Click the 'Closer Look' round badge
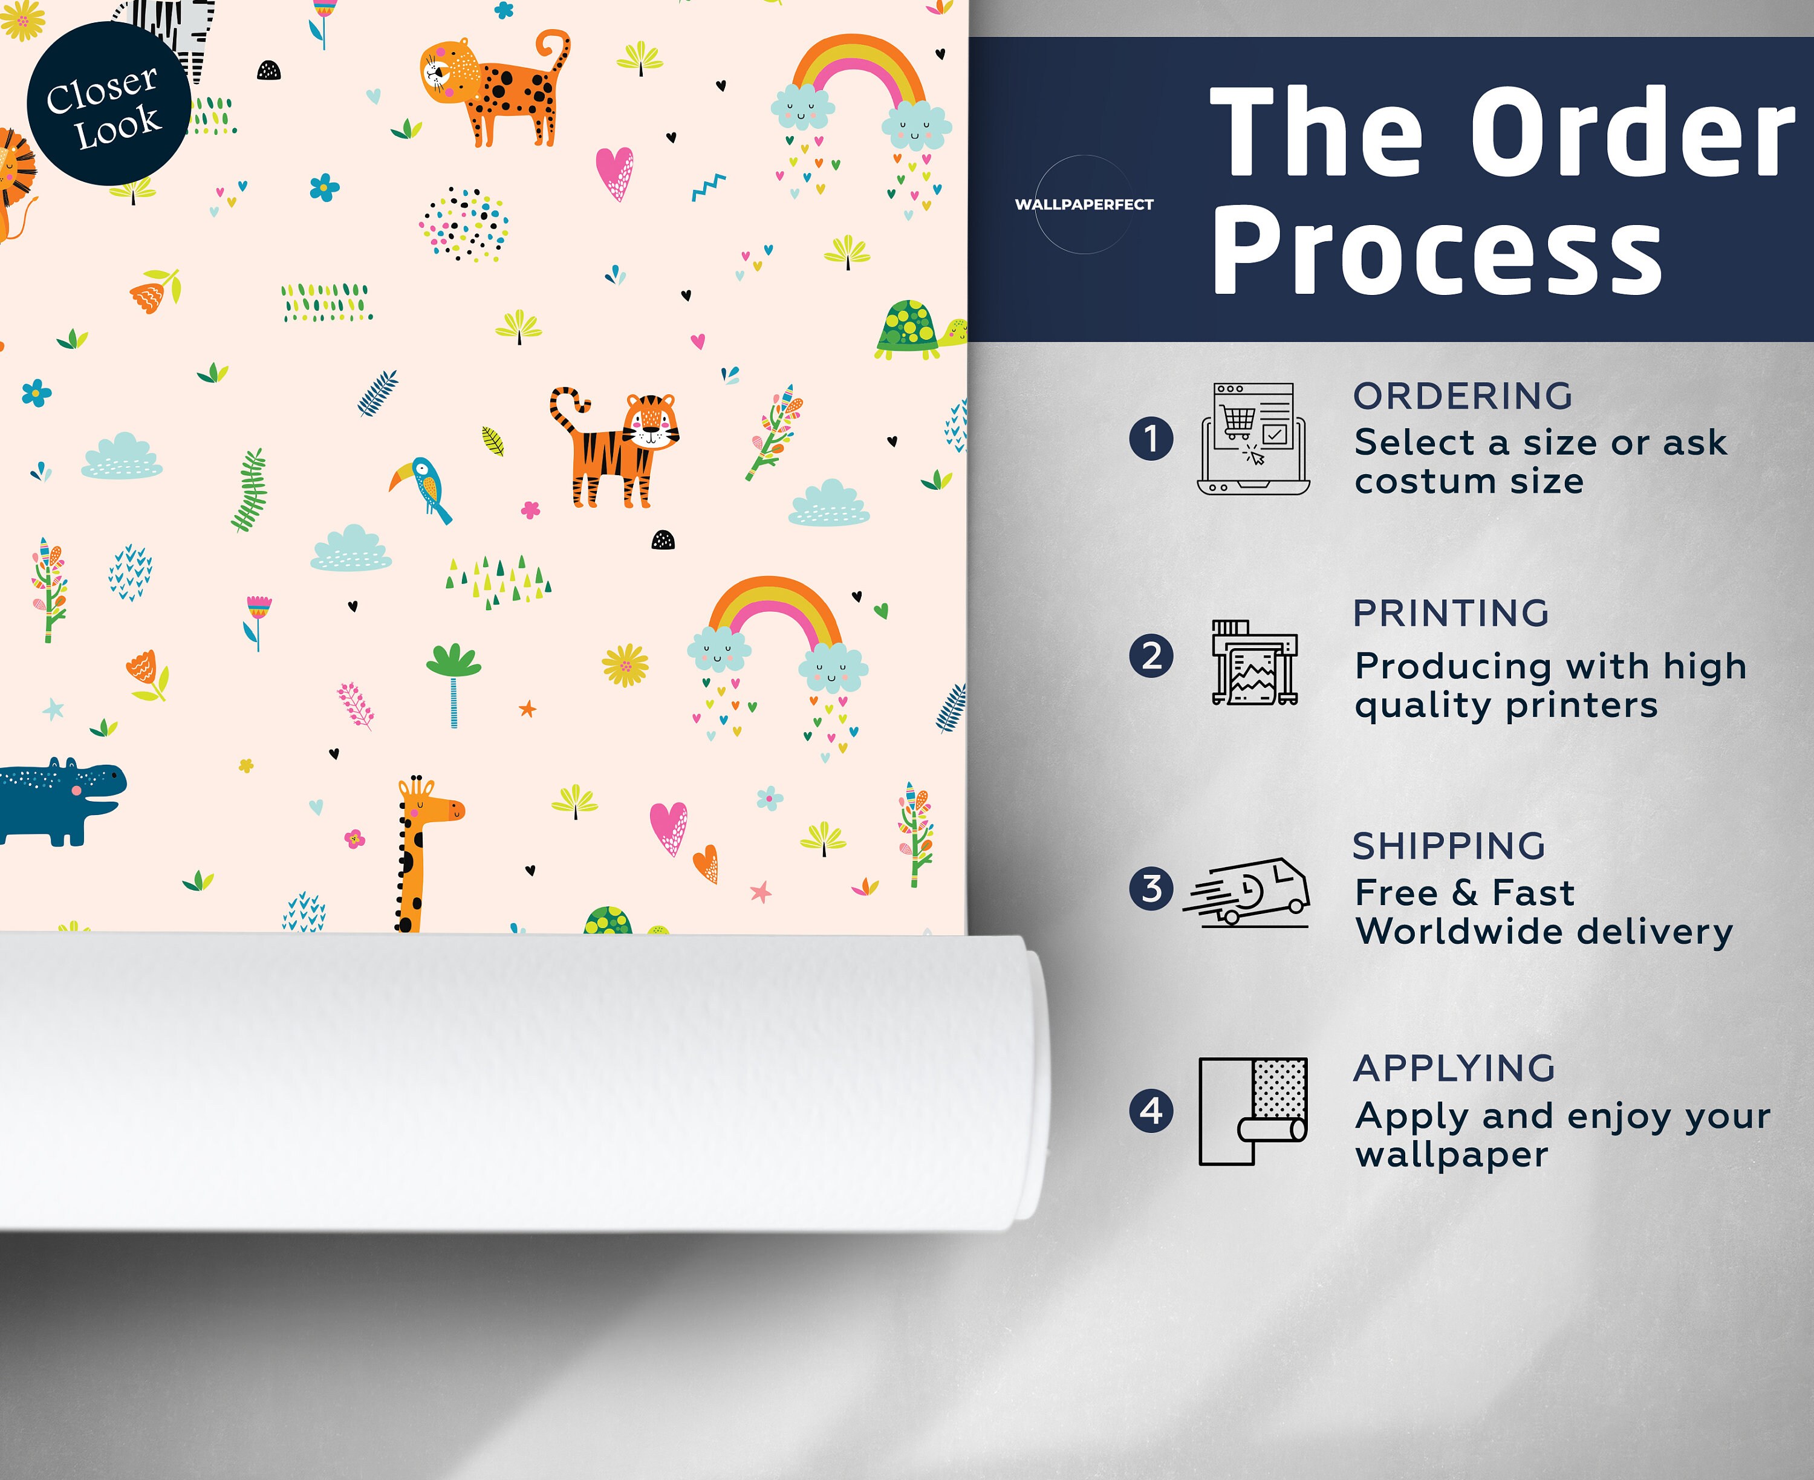(108, 103)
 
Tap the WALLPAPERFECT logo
(1084, 204)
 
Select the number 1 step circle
(1151, 438)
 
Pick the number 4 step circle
(1151, 1111)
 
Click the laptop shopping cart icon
(1253, 439)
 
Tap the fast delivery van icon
(1246, 892)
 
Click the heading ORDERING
(1463, 397)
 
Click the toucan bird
(421, 488)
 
